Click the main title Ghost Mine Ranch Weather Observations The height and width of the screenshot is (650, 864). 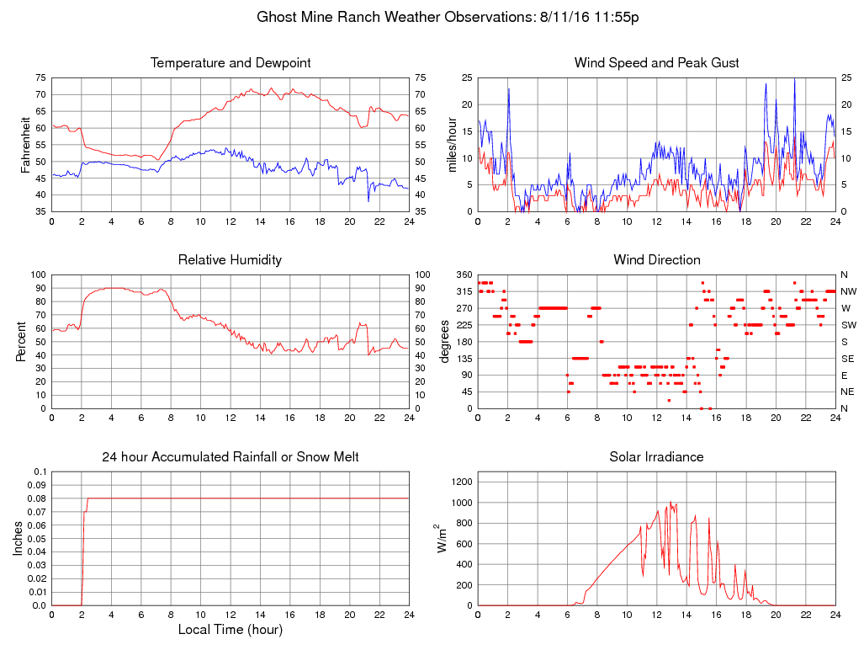448,17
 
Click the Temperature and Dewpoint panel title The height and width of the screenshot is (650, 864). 231,63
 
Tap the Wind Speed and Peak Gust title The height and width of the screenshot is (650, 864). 656,63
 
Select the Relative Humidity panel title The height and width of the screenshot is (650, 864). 230,260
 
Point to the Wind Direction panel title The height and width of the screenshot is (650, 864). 656,260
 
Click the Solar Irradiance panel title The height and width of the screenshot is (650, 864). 656,457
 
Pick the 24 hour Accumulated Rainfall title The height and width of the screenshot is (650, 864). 231,457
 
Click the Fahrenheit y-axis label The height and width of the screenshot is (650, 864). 25,144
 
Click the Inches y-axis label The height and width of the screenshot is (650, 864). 19,539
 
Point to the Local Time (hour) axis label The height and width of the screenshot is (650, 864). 231,629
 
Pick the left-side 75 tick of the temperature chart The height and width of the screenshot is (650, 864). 40,77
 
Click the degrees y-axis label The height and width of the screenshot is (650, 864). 446,341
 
